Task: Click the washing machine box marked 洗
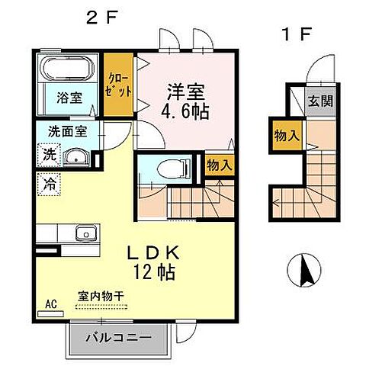click(x=47, y=155)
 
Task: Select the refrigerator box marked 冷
click(x=47, y=184)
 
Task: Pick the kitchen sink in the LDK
click(x=82, y=233)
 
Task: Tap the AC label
click(x=52, y=303)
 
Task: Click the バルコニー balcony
click(x=117, y=336)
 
